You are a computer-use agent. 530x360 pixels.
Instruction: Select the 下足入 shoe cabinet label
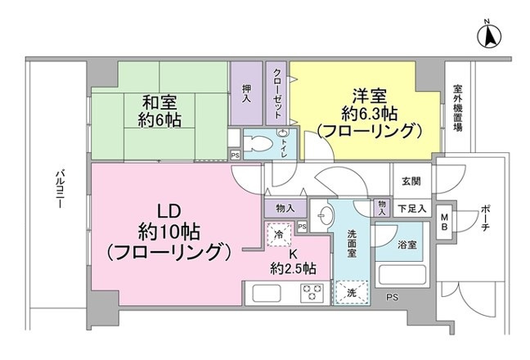(411, 209)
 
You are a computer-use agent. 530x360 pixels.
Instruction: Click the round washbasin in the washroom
(326, 216)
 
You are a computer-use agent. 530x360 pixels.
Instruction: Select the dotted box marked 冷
(277, 236)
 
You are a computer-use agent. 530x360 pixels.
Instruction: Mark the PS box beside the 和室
(236, 155)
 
